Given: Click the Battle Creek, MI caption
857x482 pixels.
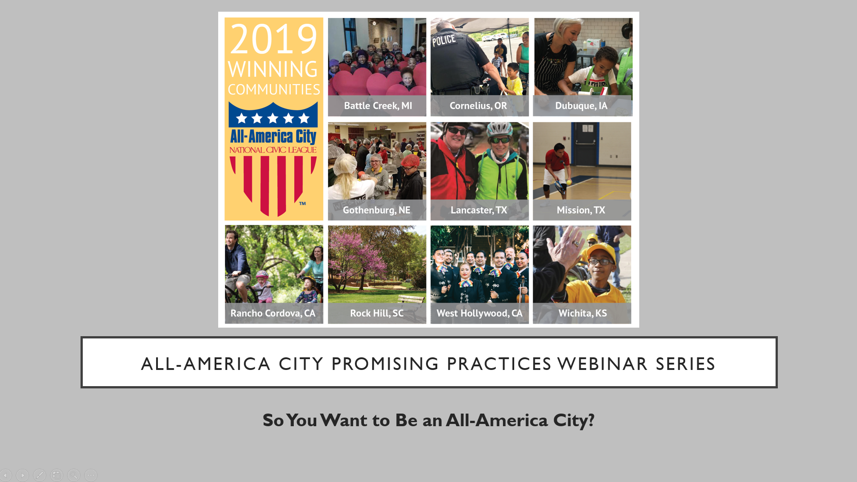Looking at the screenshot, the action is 378,106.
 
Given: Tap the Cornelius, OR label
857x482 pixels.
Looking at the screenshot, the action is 478,106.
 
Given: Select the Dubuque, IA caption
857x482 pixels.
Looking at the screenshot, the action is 581,106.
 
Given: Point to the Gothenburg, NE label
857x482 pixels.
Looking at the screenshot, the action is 377,210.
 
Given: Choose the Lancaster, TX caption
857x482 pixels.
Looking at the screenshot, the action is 479,210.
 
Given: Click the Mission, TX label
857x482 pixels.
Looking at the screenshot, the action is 581,210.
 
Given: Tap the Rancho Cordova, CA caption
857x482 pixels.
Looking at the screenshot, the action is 273,313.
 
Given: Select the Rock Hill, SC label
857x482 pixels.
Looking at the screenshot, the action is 377,313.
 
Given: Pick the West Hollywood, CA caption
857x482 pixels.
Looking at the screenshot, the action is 480,313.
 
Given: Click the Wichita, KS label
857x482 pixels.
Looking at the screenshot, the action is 583,313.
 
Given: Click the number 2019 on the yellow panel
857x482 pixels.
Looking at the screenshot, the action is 274,39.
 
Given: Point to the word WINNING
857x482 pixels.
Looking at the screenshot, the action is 273,69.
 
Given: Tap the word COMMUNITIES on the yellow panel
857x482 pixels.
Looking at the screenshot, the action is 274,90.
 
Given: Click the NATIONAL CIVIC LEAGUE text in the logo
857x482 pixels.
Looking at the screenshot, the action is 273,150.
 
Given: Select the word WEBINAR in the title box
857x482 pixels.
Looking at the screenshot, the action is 603,364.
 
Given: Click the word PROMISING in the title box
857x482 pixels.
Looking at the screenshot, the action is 385,364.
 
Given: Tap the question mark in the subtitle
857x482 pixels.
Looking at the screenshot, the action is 591,420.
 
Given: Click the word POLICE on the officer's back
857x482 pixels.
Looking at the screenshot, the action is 444,41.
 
